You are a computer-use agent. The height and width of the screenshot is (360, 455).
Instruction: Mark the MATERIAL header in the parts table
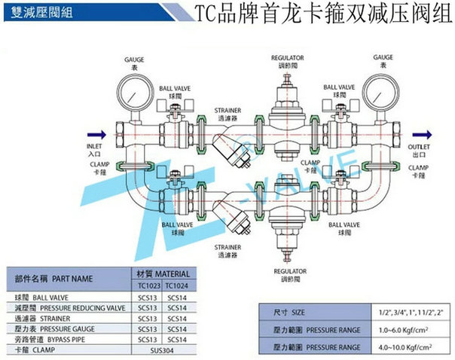(162, 273)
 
